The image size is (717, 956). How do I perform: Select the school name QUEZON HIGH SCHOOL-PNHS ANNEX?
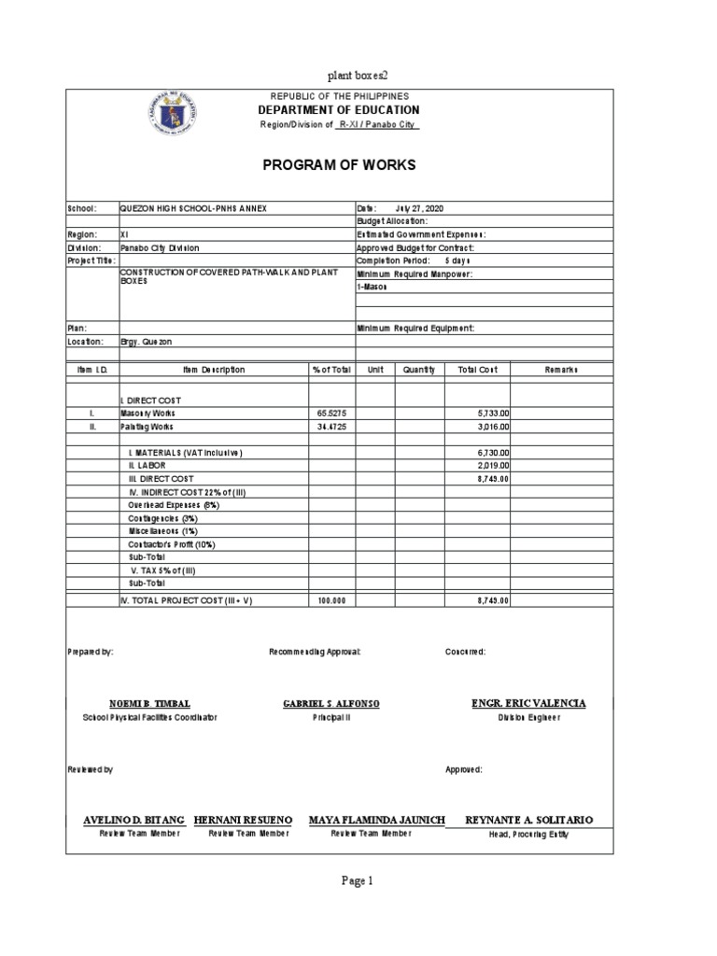pyautogui.click(x=193, y=208)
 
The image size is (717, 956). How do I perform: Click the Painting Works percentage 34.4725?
pyautogui.click(x=331, y=426)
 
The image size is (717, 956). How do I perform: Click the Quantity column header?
pyautogui.click(x=419, y=370)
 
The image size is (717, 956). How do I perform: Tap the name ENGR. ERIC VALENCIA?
pyautogui.click(x=528, y=703)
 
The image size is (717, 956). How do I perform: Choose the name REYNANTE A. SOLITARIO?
pyautogui.click(x=528, y=820)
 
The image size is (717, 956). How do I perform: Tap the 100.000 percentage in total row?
pyautogui.click(x=331, y=601)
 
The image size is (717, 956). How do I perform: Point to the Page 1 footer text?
pyautogui.click(x=358, y=879)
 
